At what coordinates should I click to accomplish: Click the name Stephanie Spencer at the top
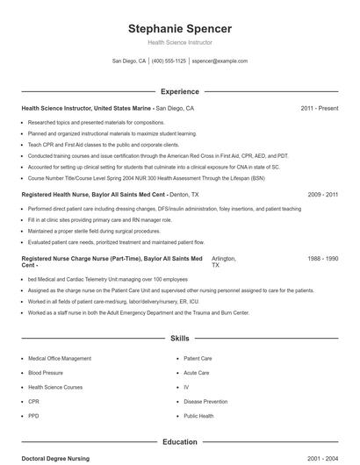tap(179, 28)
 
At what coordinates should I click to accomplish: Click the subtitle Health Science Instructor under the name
tap(179, 42)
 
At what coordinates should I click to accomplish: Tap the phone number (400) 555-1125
tap(169, 61)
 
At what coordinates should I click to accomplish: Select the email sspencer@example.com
tap(220, 61)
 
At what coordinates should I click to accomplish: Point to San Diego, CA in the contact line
tap(129, 61)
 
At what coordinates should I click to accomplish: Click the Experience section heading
tap(179, 91)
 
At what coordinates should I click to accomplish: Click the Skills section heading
tap(179, 337)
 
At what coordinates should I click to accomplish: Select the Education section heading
tap(179, 442)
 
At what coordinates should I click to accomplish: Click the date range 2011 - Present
tap(319, 108)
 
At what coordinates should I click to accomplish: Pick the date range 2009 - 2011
tap(322, 194)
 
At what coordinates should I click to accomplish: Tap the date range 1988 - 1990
tap(322, 259)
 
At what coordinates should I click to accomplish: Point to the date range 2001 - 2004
tap(322, 459)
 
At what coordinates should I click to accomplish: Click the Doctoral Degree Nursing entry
tap(55, 459)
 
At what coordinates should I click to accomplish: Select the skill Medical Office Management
tap(60, 359)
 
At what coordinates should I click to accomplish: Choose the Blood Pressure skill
tap(46, 373)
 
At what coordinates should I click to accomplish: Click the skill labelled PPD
tap(33, 416)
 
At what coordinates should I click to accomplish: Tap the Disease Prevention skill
tap(205, 401)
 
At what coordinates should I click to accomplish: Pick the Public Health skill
tap(198, 416)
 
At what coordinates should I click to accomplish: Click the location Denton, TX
tap(184, 194)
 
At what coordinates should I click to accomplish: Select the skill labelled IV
tap(186, 387)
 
